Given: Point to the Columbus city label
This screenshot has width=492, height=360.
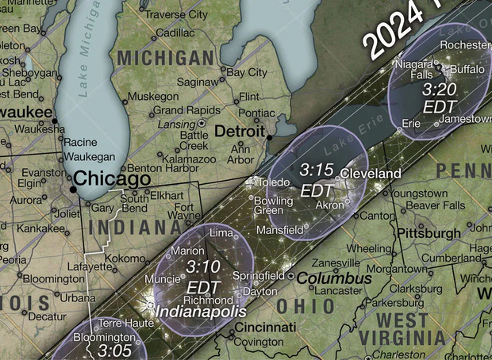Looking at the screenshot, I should (x=334, y=279).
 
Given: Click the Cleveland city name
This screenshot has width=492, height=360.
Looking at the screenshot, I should (x=371, y=173).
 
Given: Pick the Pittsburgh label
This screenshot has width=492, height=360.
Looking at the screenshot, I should (x=429, y=234).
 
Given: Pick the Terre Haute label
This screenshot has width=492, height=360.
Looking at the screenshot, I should (x=121, y=324).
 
